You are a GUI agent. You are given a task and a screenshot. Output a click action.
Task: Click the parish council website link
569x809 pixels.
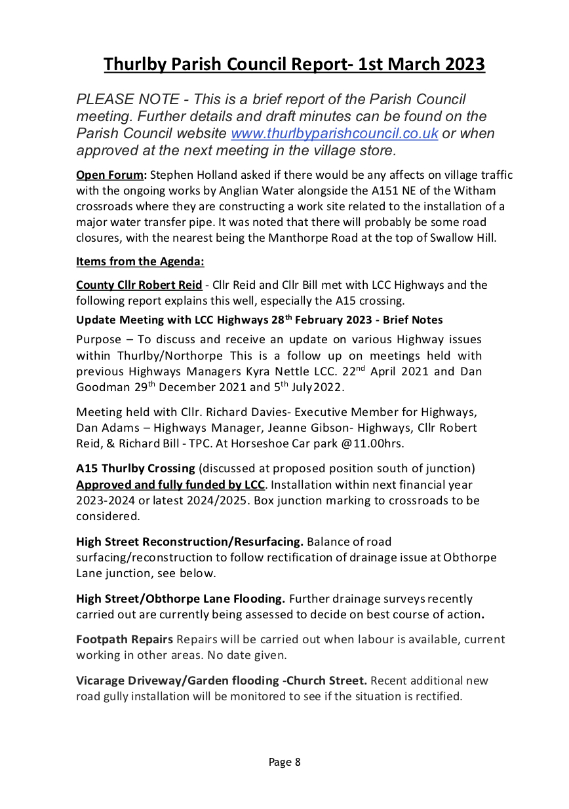coord(334,134)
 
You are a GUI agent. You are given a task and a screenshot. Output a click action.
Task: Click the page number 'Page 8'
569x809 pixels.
coord(284,762)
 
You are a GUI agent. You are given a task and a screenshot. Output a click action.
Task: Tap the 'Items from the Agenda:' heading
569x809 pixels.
coord(140,261)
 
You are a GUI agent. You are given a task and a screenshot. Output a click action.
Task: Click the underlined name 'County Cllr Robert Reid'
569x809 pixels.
coord(139,286)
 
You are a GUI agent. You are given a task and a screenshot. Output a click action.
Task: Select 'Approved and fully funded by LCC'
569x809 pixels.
coord(170,485)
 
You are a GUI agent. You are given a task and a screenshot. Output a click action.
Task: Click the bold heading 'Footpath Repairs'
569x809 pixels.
coord(125,639)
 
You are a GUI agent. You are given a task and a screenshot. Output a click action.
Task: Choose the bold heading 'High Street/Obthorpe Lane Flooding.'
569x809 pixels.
coord(180,598)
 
